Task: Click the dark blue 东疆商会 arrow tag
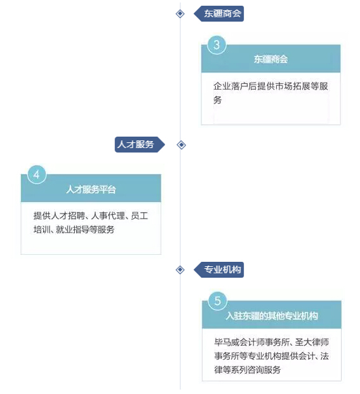coord(219,13)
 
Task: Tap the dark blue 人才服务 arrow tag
coord(140,144)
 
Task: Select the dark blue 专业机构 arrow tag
coord(219,269)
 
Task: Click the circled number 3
coord(217,45)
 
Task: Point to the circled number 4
coord(37,174)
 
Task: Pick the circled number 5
coord(218,301)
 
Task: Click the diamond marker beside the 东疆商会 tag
coord(180,13)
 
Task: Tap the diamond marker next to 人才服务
coord(181,145)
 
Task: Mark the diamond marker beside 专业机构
coord(180,270)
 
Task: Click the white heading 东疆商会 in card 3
coord(271,59)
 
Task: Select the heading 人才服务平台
coord(91,189)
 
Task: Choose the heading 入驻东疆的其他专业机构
coord(272,316)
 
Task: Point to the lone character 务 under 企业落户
coord(218,100)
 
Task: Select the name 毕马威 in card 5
coord(227,342)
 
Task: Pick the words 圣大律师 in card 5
coord(312,342)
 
